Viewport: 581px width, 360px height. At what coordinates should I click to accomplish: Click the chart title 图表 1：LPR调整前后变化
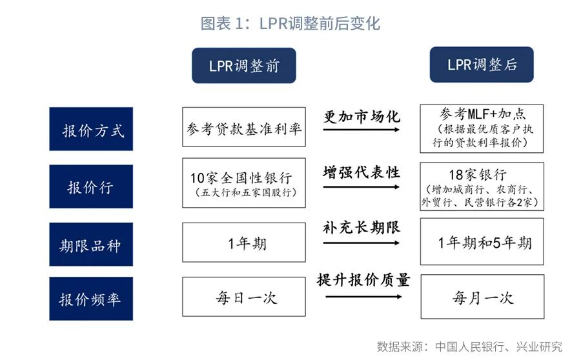(x=290, y=23)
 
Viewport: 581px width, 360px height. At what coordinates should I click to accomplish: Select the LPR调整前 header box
(x=244, y=66)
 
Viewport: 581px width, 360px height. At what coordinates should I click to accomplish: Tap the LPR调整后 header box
(x=482, y=65)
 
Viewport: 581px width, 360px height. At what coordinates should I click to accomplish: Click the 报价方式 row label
(x=91, y=129)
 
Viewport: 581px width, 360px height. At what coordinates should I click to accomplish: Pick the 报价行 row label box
(x=91, y=186)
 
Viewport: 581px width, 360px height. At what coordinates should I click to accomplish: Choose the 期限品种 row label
(x=91, y=245)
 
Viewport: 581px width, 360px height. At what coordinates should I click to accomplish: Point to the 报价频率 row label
(x=91, y=299)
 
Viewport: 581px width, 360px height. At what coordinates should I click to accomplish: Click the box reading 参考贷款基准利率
(x=244, y=127)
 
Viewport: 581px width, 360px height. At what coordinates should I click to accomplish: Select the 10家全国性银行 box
(x=244, y=183)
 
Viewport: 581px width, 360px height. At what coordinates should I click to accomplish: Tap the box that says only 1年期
(x=244, y=243)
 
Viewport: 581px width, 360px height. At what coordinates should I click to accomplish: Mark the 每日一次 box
(x=244, y=297)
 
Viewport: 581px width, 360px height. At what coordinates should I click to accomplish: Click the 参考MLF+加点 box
(x=482, y=128)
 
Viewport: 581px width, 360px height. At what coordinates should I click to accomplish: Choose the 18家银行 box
(x=482, y=186)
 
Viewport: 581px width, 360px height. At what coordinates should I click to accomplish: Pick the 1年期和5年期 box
(x=482, y=241)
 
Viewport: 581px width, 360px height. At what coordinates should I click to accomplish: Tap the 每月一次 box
(x=482, y=297)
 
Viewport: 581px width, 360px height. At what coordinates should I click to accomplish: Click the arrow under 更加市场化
(x=362, y=130)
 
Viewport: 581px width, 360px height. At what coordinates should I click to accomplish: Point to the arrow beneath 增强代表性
(x=362, y=186)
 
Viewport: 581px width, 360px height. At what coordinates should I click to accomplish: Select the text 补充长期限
(x=362, y=227)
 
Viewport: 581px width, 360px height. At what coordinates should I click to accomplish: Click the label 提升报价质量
(x=363, y=280)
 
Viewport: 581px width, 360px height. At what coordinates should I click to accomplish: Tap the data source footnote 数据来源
(x=469, y=346)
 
